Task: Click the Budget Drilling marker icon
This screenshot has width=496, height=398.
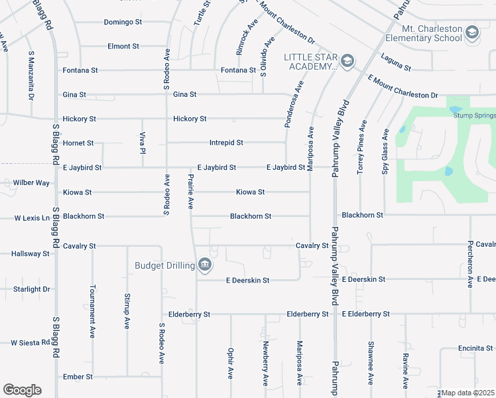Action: click(205, 266)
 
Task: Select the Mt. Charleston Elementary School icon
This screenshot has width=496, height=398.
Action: click(471, 33)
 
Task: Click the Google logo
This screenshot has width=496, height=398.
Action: click(22, 390)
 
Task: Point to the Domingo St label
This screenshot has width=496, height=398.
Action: click(123, 22)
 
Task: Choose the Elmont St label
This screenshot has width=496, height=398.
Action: click(123, 46)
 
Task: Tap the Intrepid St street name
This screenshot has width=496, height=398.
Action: click(226, 143)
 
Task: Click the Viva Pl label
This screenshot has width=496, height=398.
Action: click(142, 141)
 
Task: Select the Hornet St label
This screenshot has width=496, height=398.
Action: click(78, 143)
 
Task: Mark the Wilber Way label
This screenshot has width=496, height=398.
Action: click(32, 182)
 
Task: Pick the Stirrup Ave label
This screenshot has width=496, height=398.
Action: click(127, 312)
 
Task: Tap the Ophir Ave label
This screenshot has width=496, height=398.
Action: click(230, 364)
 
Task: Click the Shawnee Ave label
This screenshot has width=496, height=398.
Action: click(370, 362)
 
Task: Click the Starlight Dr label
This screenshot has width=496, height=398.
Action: click(32, 289)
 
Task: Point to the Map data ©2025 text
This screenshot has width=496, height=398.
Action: click(468, 393)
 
